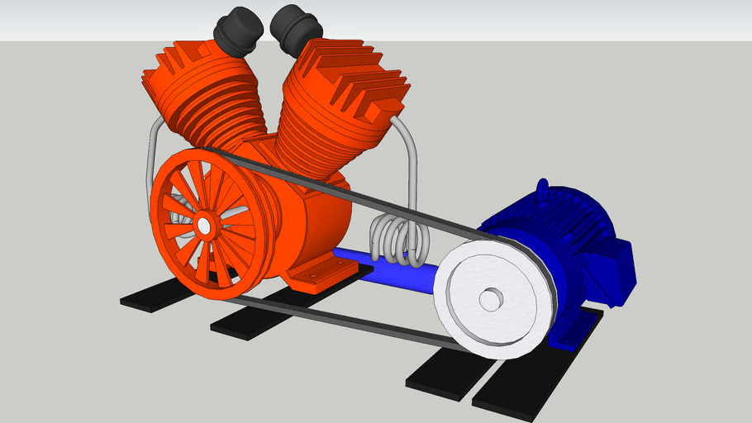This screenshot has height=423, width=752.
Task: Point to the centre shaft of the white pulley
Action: point(489,300)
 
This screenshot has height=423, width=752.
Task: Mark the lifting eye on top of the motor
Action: point(543,189)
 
